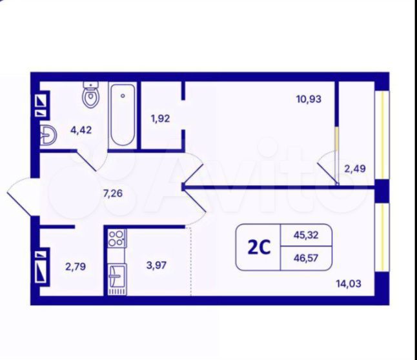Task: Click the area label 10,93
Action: [x=309, y=99]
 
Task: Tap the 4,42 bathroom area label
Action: [x=81, y=130]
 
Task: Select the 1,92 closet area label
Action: [x=160, y=118]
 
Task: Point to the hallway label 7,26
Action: [x=113, y=194]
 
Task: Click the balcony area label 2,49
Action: [x=355, y=168]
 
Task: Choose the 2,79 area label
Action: [x=76, y=266]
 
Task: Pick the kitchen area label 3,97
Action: [x=157, y=265]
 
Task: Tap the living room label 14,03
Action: [x=349, y=284]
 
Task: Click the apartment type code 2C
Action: [x=259, y=248]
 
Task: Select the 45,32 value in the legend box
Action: [x=306, y=235]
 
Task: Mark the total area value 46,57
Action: [x=306, y=258]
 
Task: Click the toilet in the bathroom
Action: [x=91, y=94]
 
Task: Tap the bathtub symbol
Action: [x=123, y=115]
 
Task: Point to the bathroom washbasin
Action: [x=48, y=135]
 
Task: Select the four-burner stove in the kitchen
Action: [x=117, y=238]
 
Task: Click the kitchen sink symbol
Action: [x=117, y=277]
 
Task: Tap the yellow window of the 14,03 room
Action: [x=382, y=237]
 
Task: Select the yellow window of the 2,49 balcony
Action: [x=382, y=135]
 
